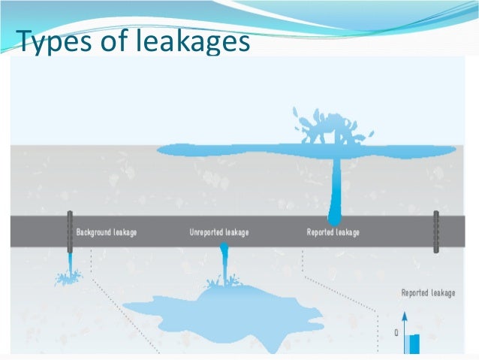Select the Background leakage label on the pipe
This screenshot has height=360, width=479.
107,232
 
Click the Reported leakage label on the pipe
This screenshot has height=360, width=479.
333,232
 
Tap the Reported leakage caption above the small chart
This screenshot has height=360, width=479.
428,293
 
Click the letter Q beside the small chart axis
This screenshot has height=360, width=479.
396,334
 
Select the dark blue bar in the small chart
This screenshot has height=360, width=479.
414,343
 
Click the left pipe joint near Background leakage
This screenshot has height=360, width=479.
69,231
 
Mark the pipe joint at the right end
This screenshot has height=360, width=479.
435,231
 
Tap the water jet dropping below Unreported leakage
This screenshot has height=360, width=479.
224,263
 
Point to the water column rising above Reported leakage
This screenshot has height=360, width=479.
336,188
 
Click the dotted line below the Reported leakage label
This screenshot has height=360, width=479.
338,282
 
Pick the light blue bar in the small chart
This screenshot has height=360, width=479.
406,344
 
